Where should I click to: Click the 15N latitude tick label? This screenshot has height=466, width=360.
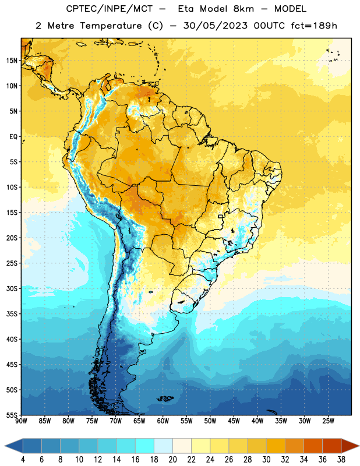(x=12, y=61)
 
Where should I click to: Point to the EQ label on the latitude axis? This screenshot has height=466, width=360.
(x=13, y=137)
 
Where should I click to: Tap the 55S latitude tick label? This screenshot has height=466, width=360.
(x=12, y=415)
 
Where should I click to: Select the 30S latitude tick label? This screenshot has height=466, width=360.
(x=12, y=288)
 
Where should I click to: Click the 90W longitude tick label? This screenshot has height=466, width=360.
(x=21, y=421)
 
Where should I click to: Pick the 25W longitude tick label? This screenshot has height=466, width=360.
(x=328, y=421)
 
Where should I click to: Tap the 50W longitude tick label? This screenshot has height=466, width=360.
(x=210, y=421)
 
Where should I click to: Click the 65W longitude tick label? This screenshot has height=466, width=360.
(x=139, y=421)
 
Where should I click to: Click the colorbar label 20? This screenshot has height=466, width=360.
(x=172, y=460)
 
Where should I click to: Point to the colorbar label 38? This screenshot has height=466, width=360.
(x=341, y=460)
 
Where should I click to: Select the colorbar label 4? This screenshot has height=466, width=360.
(x=23, y=460)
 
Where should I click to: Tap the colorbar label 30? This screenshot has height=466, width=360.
(x=266, y=460)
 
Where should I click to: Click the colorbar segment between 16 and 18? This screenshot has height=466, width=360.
(x=145, y=446)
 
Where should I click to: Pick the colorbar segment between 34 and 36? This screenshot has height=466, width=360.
(x=313, y=446)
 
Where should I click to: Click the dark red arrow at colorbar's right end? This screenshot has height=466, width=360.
(x=350, y=446)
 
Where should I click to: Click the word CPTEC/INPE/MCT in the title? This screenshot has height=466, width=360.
(x=110, y=9)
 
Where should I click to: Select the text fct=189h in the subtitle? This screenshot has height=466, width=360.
(x=314, y=26)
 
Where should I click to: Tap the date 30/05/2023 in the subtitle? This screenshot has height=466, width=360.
(x=215, y=26)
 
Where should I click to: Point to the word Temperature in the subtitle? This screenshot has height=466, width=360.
(x=111, y=26)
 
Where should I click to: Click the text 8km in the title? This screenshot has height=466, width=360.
(x=243, y=9)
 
